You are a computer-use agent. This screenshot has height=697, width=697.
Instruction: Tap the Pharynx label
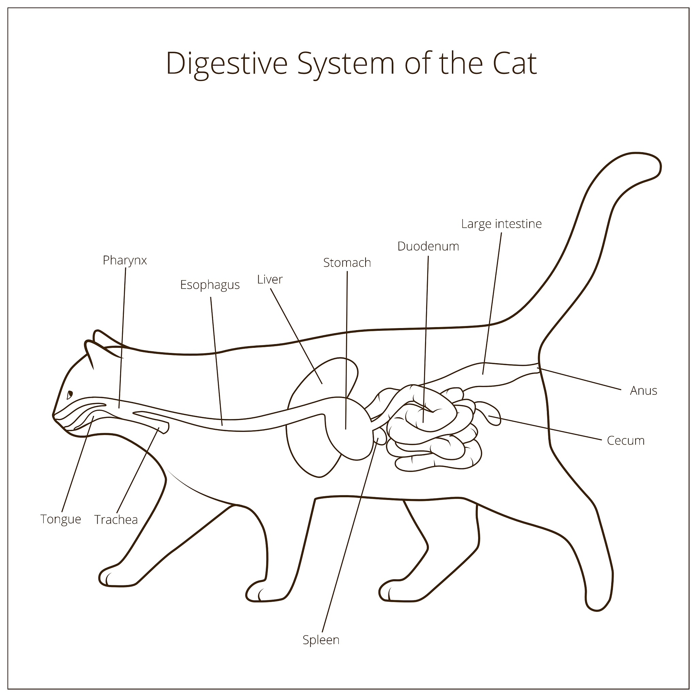[125, 260]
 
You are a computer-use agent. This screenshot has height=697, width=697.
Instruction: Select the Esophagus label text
[210, 285]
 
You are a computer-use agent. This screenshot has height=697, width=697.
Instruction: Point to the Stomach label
[347, 263]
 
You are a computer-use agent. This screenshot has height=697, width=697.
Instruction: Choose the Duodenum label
[428, 246]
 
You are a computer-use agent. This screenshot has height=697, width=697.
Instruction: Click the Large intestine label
[501, 224]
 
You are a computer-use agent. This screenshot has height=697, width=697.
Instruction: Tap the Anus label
[643, 391]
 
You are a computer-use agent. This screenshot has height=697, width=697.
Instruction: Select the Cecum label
[625, 440]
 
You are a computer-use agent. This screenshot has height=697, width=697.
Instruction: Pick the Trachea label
[116, 519]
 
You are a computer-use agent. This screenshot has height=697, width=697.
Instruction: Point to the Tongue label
[61, 519]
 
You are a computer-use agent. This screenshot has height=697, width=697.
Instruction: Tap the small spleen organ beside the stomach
[379, 437]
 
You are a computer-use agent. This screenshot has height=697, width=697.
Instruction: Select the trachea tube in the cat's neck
[151, 420]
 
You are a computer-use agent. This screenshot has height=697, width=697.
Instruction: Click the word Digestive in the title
[227, 64]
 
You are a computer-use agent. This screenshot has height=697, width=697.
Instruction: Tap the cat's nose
[54, 415]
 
